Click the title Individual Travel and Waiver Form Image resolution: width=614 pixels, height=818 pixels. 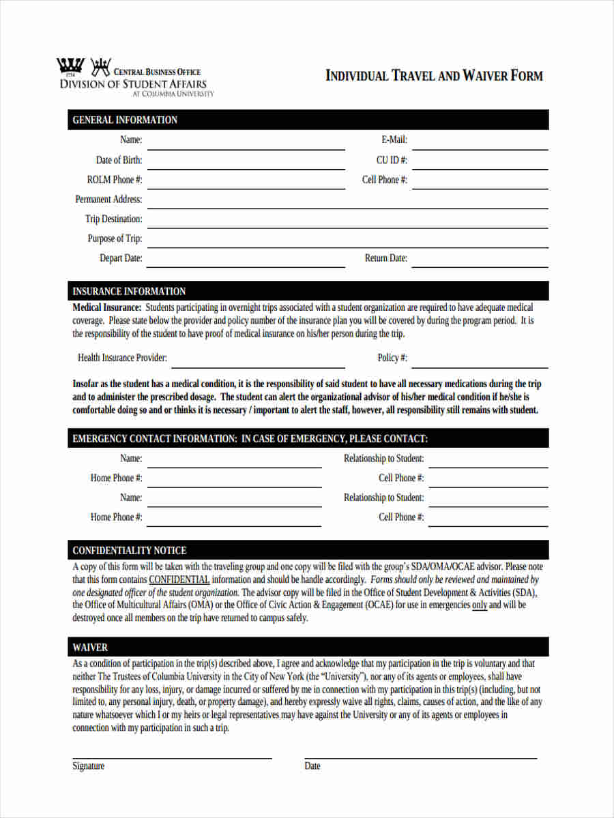[434, 76]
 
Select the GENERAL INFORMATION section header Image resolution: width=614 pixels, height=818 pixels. [125, 120]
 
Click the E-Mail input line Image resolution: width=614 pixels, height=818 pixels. [480, 144]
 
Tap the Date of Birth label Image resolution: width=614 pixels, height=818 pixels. [119, 160]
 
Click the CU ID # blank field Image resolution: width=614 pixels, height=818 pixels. [480, 164]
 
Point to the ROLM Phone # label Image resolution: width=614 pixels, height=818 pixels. [115, 180]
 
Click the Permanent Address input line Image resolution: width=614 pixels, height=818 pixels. [348, 202]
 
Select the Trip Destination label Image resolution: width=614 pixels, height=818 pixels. [113, 219]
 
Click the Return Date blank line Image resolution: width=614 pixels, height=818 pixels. [480, 262]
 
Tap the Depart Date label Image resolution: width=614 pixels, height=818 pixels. [121, 258]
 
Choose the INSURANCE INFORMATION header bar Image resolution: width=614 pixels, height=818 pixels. [129, 291]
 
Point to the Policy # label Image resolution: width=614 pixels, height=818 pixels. [392, 358]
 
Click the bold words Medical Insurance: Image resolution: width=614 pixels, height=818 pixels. [106, 307]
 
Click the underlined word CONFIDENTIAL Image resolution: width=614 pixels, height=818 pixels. [179, 579]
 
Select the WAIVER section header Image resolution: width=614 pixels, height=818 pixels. [90, 647]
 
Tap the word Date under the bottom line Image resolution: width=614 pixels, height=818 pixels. [312, 766]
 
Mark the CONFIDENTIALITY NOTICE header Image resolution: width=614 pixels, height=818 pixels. [129, 550]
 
